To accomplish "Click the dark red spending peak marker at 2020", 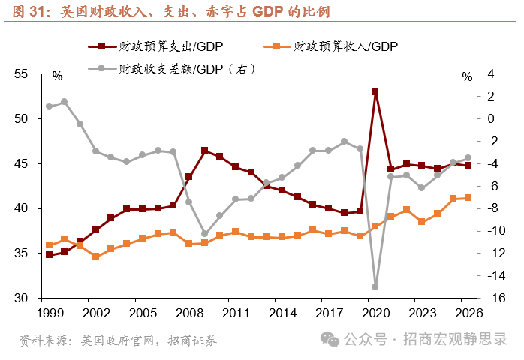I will point(375,91).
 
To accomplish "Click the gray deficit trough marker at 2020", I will point(375,286).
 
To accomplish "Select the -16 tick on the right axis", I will point(474,298).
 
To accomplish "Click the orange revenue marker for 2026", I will point(468,198).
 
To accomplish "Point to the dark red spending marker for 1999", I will point(49,255).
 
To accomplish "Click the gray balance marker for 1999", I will point(49,106).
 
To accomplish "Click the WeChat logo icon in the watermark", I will point(330,339).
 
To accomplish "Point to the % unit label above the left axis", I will point(58,75).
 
